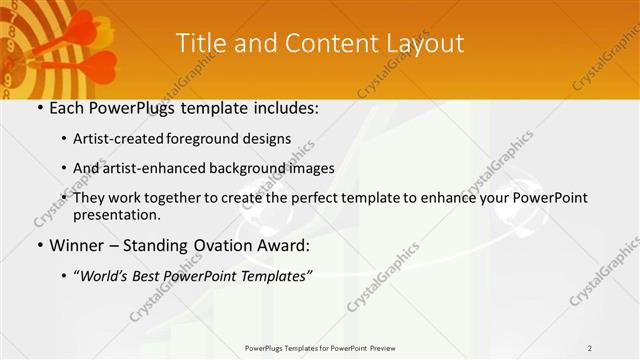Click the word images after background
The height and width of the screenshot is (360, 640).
[311, 168]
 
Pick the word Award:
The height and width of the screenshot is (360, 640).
[289, 244]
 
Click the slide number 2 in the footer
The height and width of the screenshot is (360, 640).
[590, 347]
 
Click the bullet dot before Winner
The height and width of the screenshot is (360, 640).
[39, 245]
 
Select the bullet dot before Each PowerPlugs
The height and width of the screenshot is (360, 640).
[39, 108]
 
